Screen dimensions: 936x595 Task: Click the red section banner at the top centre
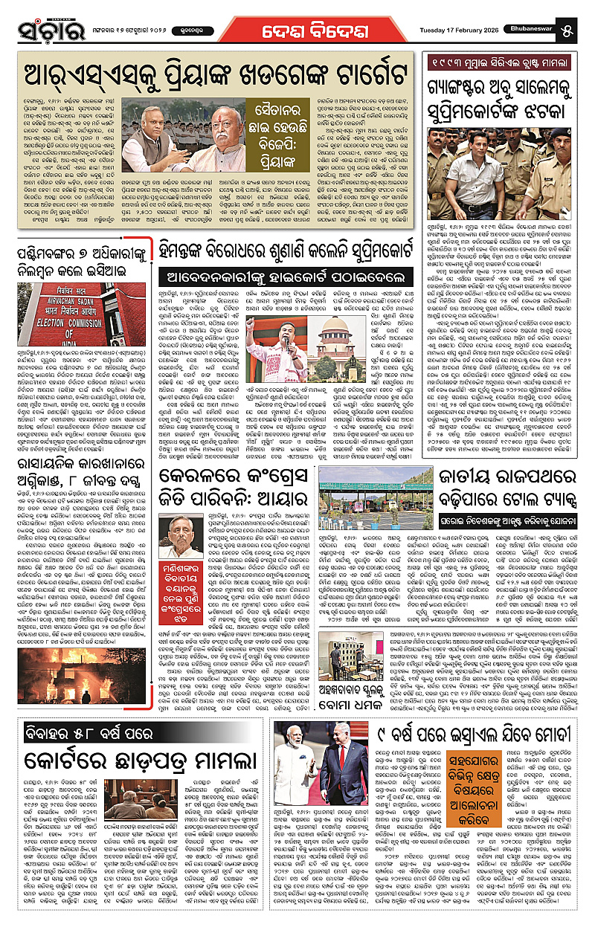[x=297, y=32]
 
